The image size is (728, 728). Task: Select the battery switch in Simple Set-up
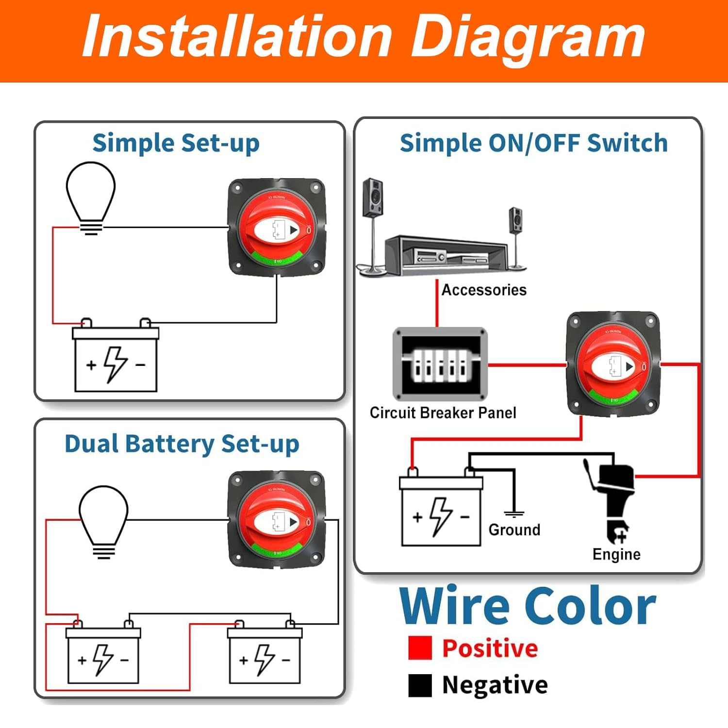(x=277, y=227)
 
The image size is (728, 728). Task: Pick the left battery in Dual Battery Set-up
(x=103, y=655)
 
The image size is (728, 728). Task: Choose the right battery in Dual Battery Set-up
(x=265, y=655)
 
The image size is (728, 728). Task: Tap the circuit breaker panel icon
(x=440, y=364)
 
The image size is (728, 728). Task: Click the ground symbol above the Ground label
(x=514, y=513)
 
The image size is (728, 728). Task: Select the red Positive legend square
(x=420, y=648)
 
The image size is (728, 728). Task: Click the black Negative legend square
(x=420, y=685)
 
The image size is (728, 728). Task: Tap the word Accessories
(x=484, y=290)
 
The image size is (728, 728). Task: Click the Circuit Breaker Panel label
(x=443, y=413)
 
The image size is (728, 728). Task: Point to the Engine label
(x=616, y=554)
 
